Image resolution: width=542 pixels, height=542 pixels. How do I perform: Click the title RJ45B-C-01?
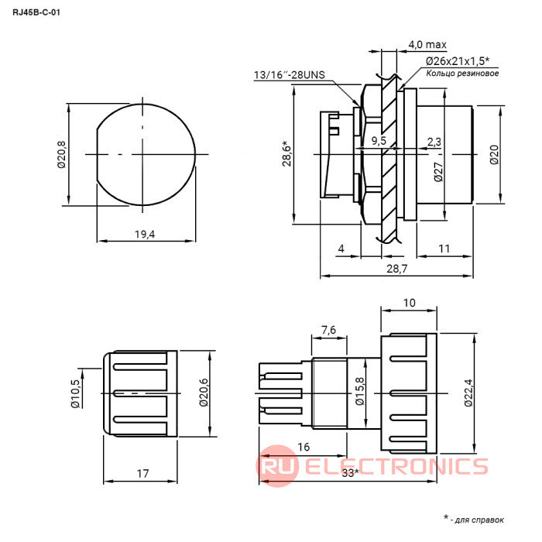click(x=36, y=12)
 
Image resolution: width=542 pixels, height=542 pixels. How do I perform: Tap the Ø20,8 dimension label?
click(x=61, y=155)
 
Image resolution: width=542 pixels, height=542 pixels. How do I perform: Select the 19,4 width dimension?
click(x=145, y=235)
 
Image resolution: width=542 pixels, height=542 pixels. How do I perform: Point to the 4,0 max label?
click(x=427, y=45)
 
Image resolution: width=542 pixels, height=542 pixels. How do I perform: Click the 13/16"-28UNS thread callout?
click(x=290, y=74)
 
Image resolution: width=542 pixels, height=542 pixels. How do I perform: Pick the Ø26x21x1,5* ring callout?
click(x=458, y=61)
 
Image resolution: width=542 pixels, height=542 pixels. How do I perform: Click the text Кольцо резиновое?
click(x=462, y=74)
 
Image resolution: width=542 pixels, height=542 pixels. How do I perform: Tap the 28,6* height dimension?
click(x=287, y=154)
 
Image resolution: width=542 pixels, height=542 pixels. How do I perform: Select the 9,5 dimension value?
click(x=379, y=141)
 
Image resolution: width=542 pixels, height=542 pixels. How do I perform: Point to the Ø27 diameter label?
click(x=438, y=172)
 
